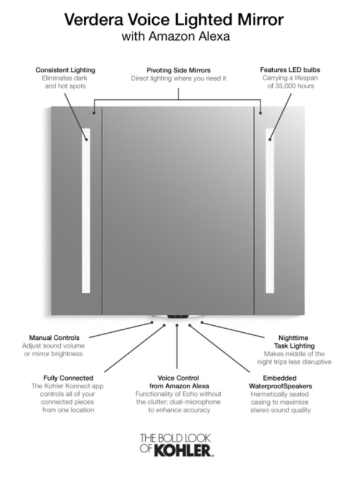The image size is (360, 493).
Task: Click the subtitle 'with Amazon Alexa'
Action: coord(176,36)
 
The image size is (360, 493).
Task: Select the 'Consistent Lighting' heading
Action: coord(65,70)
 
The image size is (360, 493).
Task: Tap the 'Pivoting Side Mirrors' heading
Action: coord(179,70)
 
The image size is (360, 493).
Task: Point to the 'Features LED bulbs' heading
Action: coord(290,70)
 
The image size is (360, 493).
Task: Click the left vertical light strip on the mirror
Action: coord(86,211)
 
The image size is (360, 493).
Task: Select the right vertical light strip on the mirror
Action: coord(270,211)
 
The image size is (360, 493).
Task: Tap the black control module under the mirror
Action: coord(178,316)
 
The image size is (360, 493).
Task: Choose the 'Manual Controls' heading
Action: coord(54,337)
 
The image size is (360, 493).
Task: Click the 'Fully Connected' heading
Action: coord(68,378)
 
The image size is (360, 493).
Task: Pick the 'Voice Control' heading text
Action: coord(178,378)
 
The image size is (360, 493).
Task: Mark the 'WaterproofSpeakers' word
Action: coord(280,386)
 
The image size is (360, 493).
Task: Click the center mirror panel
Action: coord(178,211)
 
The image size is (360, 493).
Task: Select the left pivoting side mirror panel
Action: coord(77,211)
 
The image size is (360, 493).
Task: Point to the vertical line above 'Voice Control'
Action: coord(177,347)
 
